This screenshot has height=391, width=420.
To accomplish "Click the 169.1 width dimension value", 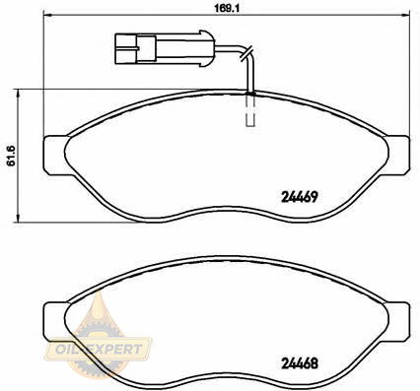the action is click(227, 8).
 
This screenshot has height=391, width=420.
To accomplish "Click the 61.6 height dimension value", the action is click(12, 156).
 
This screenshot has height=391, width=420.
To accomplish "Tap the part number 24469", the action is click(300, 197).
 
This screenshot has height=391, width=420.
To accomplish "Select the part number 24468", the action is click(300, 362).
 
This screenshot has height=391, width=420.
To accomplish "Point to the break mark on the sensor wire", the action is click(246, 53).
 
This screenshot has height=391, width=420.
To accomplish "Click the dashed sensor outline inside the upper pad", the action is click(250, 111).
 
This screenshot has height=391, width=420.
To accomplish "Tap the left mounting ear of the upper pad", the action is click(54, 156).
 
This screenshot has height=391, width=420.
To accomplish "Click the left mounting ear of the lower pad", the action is click(54, 322).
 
